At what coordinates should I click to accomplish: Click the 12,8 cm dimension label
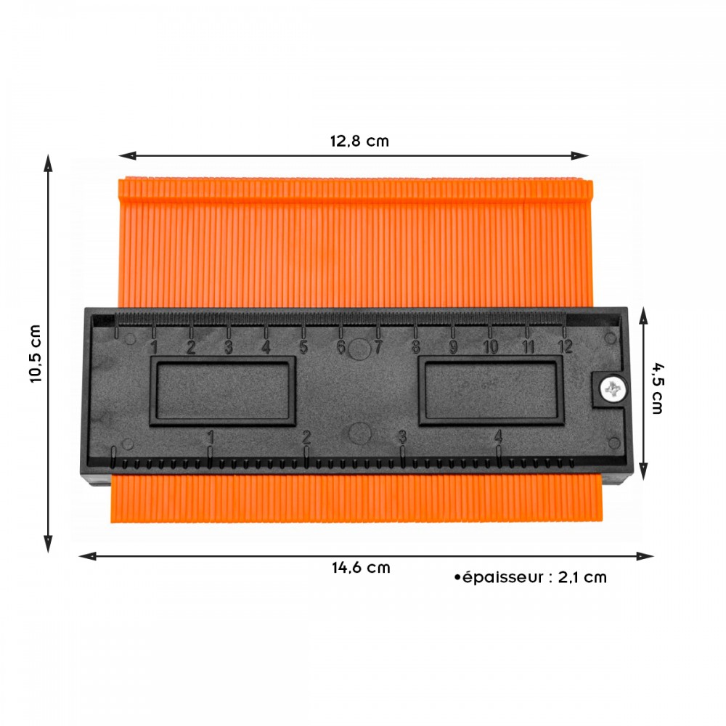tap(359, 141)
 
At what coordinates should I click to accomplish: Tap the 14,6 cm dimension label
tap(361, 568)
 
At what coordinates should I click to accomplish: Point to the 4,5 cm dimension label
tap(658, 388)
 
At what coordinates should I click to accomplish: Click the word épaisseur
tap(502, 577)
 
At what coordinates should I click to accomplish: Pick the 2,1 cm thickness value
tap(582, 577)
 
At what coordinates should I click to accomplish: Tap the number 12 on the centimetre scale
tap(566, 346)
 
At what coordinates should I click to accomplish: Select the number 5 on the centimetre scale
tap(303, 347)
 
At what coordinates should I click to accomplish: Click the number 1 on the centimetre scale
tap(154, 347)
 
